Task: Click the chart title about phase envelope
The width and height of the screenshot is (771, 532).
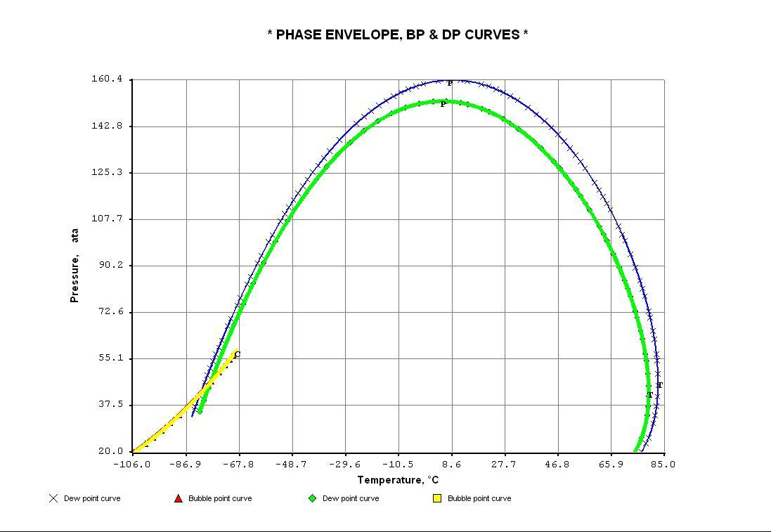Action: (x=398, y=34)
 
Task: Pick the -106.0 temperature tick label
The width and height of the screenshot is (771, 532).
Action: (x=131, y=464)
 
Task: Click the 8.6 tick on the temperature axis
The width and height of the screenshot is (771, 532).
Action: (x=451, y=464)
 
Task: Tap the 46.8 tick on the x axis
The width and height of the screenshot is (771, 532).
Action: (x=557, y=464)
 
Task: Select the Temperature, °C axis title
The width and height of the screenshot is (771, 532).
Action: (x=398, y=481)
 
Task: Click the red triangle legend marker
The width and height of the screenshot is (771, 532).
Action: (x=179, y=498)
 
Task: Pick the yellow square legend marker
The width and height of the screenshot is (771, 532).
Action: (x=437, y=498)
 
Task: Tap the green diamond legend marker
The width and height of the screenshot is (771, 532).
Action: (x=312, y=498)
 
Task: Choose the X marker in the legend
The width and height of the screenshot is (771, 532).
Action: (x=53, y=498)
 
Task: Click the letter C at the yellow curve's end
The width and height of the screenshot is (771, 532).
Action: (x=238, y=355)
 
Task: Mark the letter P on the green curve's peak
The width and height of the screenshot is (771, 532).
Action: (x=443, y=105)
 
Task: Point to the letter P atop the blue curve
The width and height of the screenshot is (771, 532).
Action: (x=450, y=84)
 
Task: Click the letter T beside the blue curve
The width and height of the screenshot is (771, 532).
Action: (x=660, y=386)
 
